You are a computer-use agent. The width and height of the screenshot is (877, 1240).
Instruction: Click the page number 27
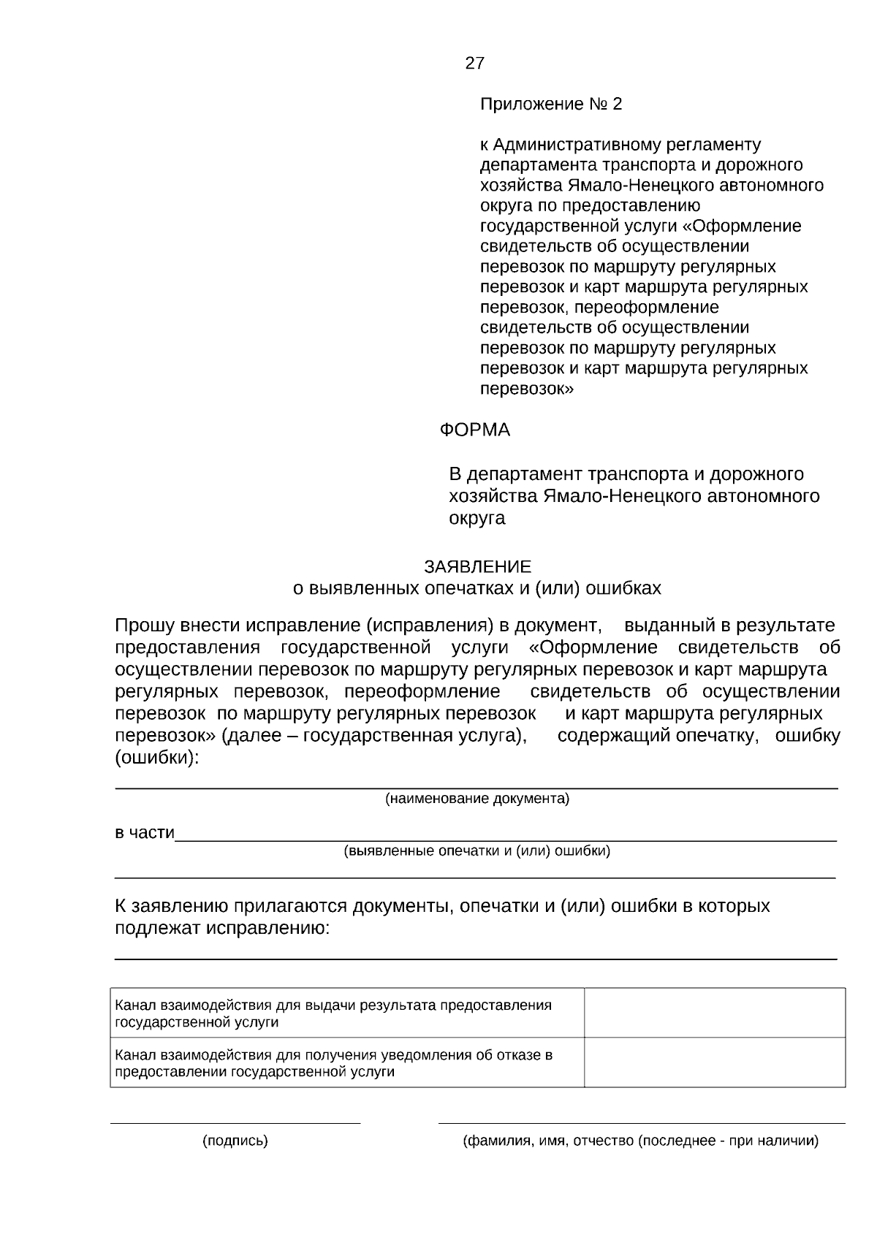pos(474,64)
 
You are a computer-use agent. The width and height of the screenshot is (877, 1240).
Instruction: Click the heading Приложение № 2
pos(550,104)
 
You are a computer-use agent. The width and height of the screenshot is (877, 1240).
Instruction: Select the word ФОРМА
pos(474,430)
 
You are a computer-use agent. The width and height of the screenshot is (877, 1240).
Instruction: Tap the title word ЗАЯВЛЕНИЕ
pos(477,566)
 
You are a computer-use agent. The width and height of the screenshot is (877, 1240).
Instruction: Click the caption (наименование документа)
pos(477,799)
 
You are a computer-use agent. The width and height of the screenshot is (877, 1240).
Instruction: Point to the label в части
pos(144,832)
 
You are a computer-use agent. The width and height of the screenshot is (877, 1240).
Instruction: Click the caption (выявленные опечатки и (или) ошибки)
pos(477,851)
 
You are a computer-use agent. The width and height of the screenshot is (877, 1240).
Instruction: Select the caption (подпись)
pos(235,1141)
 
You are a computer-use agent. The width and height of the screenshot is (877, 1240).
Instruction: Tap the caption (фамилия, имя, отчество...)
pos(640,1141)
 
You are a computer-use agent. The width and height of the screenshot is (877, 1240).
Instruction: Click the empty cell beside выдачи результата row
pos(714,1013)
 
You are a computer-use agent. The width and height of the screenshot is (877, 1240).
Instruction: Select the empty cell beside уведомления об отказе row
pos(714,1062)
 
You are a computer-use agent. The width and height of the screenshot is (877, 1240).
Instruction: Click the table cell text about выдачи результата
pos(333,1013)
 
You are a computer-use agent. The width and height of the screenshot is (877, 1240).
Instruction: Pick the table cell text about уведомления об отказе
pos(333,1063)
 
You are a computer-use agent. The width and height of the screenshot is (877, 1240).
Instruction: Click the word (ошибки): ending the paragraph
pos(156,758)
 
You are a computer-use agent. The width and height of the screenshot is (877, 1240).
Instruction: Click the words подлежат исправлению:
pos(221,928)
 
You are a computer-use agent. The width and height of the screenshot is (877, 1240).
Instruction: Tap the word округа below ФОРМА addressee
pos(477,518)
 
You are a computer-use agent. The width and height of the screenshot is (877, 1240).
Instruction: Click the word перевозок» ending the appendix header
pos(526,389)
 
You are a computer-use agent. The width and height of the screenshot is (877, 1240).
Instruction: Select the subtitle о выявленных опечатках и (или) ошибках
pos(477,588)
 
